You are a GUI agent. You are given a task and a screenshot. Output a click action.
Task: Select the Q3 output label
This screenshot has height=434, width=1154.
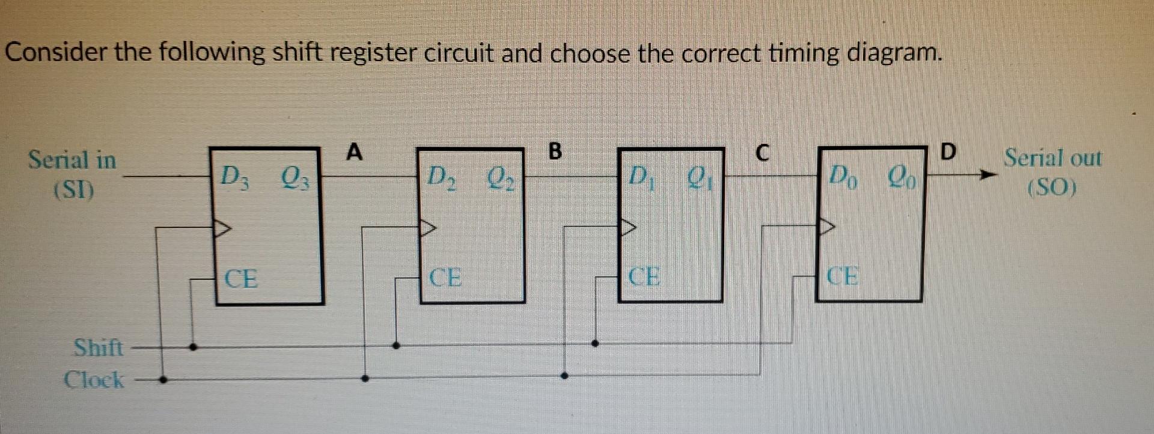click(x=294, y=177)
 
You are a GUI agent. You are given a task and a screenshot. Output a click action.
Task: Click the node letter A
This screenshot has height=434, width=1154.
click(x=355, y=152)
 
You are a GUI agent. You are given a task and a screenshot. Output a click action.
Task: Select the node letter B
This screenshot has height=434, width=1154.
click(x=555, y=151)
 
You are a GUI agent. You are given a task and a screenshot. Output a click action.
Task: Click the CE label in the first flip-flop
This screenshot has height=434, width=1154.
click(x=241, y=279)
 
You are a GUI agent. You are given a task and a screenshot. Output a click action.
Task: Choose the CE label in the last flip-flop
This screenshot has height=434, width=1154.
click(x=843, y=276)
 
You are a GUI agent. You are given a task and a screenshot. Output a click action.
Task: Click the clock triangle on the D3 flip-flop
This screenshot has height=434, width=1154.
click(x=222, y=228)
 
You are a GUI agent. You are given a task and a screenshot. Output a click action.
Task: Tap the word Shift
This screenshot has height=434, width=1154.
click(x=98, y=347)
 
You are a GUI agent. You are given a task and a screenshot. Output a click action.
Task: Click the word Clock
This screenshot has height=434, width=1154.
click(x=94, y=380)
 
